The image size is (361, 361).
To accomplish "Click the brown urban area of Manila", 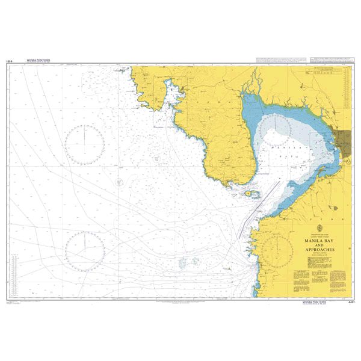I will tap(345, 141).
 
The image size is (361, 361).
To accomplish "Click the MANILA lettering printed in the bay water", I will tap(283, 146).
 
